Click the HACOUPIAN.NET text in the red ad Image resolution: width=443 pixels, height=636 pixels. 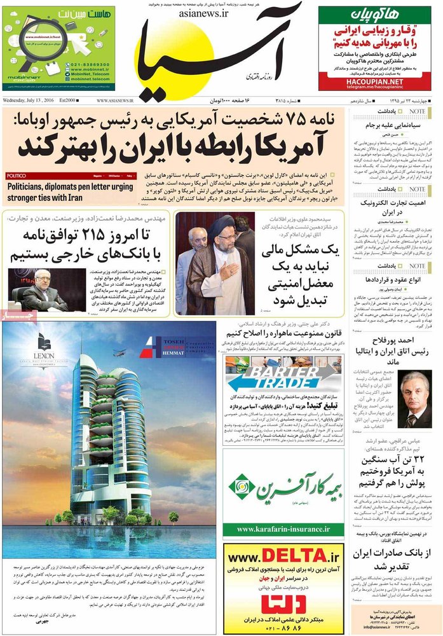pyautogui.click(x=374, y=82)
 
